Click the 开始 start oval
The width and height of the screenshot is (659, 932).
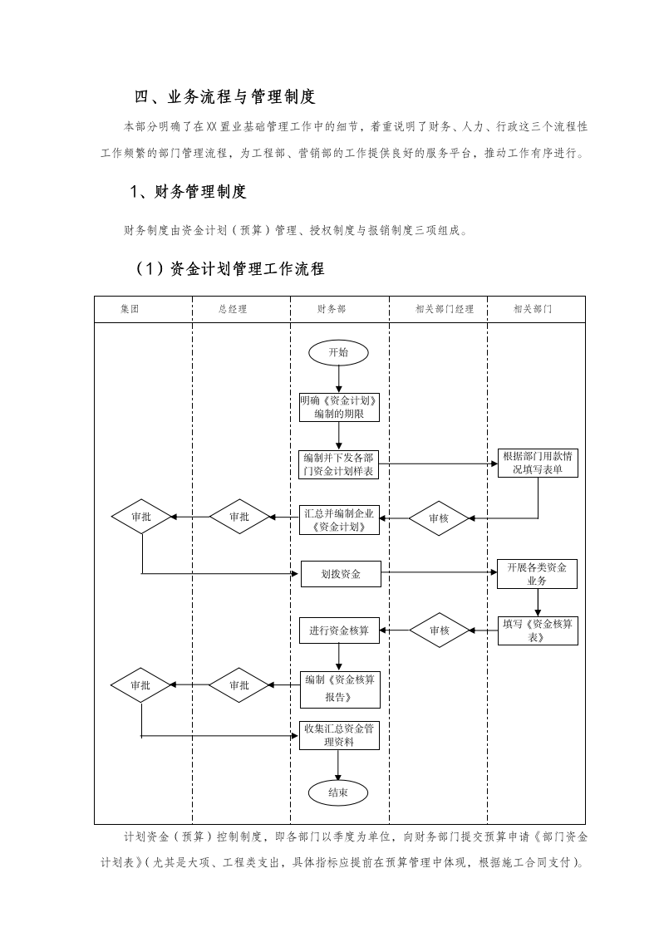338,352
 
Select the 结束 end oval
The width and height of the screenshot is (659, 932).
338,792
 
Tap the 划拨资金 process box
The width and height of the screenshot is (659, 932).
340,573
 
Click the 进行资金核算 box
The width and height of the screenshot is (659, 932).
339,630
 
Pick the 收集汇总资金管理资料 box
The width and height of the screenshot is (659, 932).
339,735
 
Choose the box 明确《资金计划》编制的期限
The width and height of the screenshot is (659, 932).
339,407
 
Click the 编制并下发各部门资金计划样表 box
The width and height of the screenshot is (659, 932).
339,464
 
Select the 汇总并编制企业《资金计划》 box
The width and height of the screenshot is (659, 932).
339,519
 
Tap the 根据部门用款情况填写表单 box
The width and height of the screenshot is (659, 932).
537,463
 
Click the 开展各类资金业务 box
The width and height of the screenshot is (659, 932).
537,574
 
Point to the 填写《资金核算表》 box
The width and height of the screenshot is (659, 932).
537,630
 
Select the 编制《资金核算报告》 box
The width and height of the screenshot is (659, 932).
339,687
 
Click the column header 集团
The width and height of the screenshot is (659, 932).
130,309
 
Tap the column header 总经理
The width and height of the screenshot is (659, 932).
233,309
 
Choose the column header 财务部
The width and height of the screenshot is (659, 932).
331,309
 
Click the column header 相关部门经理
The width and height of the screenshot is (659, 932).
444,309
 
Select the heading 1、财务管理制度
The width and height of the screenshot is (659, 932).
189,193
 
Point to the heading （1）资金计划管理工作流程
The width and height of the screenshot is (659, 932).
229,269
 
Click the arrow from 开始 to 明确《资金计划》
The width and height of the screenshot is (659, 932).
339,378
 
